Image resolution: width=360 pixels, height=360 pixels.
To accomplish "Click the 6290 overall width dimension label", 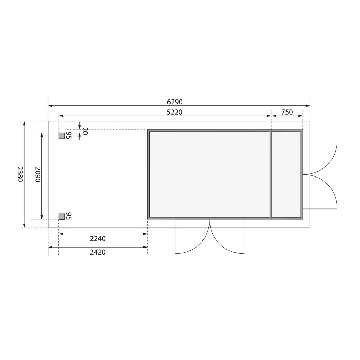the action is coord(175,102).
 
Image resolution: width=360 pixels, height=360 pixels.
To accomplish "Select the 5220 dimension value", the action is coord(174,112).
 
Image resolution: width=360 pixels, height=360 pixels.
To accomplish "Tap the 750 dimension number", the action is coord(287,112).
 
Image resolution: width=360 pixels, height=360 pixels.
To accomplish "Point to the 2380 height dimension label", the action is coord(20,174).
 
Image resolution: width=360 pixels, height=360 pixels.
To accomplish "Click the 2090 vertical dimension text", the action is coord(38,174).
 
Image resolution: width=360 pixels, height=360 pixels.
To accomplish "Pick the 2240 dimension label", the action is coord(98,239).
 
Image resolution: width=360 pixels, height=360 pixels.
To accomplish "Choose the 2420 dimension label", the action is coord(98,252).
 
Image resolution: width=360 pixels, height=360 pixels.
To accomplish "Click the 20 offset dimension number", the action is coord(85,131).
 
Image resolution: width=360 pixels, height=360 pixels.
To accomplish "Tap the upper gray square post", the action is coord(62,136).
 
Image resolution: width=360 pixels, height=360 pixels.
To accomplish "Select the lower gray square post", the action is coord(62,217).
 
